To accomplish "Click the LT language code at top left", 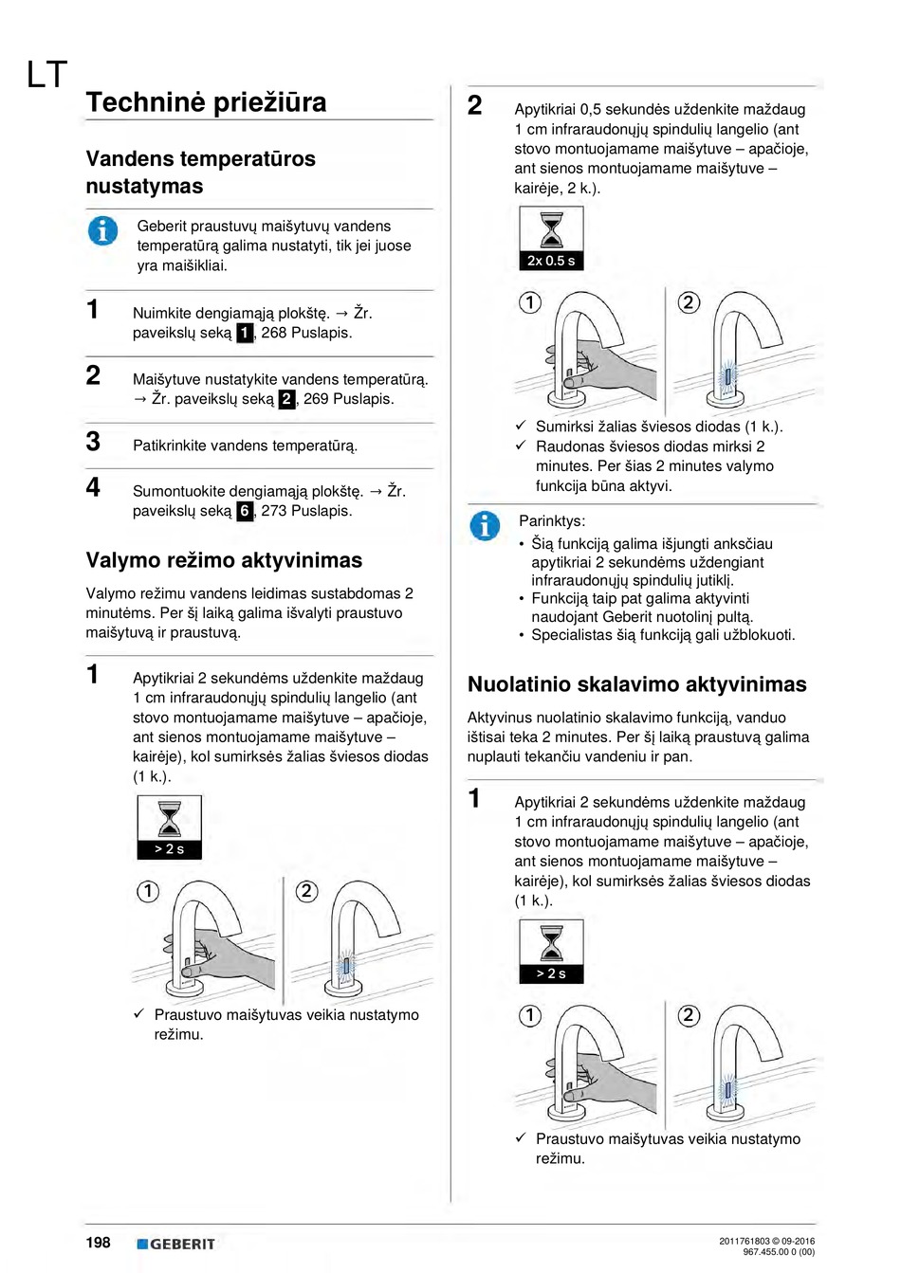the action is click(46, 75).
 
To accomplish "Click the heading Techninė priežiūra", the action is click(206, 102).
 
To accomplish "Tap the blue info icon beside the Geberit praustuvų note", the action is click(102, 230).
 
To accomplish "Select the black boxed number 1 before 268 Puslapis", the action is click(245, 333).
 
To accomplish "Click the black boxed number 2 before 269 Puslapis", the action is click(286, 399).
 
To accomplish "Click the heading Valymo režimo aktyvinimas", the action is click(224, 560).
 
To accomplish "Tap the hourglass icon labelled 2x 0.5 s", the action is click(551, 238).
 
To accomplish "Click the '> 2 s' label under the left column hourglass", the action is click(170, 849).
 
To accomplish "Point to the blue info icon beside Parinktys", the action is click(485, 525).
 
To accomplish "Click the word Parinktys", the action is click(552, 521).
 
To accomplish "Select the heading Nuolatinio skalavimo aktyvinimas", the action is click(636, 684).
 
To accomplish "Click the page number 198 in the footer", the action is click(99, 1243).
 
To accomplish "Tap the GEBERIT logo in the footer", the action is click(175, 1244).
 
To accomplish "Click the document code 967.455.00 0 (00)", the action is click(779, 1252).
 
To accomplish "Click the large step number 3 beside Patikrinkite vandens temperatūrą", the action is click(93, 442).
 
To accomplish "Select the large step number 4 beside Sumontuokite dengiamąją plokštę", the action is click(93, 487).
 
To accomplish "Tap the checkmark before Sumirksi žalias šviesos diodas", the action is click(521, 426).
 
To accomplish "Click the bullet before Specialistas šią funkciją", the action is click(522, 636).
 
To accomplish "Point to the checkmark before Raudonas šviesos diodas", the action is click(521, 446).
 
